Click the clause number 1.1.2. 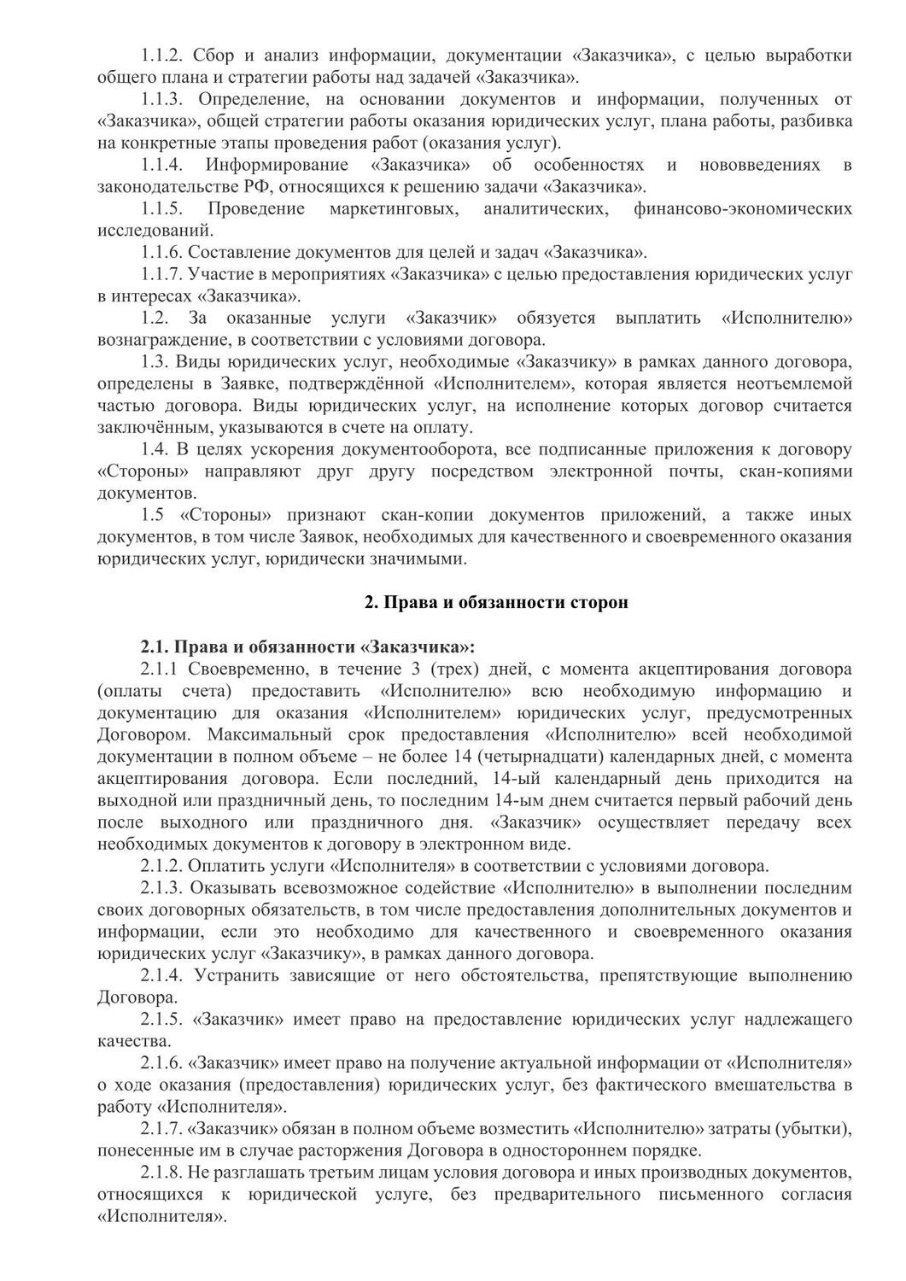click(163, 56)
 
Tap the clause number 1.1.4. click(163, 165)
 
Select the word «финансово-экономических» click(742, 209)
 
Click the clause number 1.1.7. click(162, 275)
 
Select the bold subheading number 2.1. click(155, 646)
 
